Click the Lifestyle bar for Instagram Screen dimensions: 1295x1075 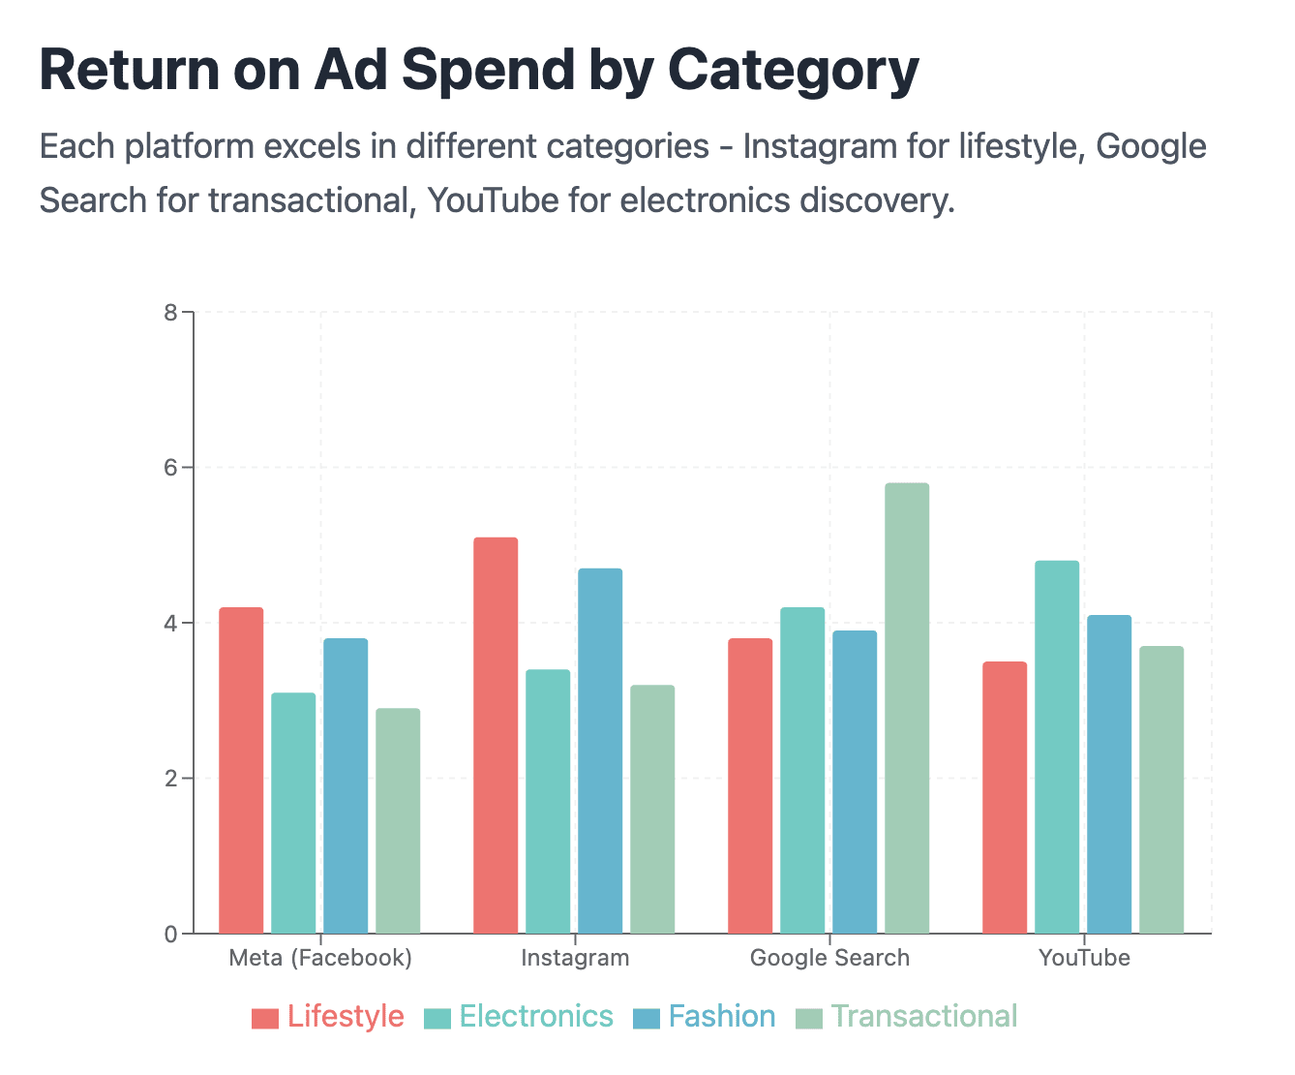pos(496,735)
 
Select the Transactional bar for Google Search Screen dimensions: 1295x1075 pos(907,708)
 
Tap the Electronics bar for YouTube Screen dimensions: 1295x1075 pos(1057,747)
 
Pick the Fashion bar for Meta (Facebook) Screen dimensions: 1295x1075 pos(346,785)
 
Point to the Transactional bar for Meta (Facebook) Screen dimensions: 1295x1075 pos(398,820)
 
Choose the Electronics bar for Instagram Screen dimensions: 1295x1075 pos(548,801)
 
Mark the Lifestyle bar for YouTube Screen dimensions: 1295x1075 pos(1005,798)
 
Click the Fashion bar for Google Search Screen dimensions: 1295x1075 pos(855,783)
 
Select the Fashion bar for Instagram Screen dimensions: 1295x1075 pos(600,751)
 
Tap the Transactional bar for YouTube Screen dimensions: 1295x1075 pos(1161,789)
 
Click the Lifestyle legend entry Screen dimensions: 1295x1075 pos(327,1016)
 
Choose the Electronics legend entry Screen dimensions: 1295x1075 pos(519,1016)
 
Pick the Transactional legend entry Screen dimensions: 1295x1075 pos(906,1016)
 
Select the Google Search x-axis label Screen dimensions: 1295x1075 pos(829,958)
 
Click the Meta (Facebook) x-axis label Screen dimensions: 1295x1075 pos(320,958)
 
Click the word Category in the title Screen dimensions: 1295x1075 pos(794,71)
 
